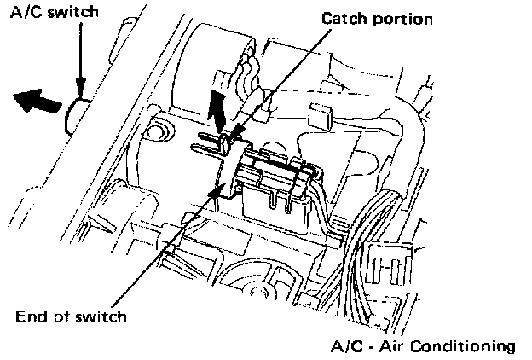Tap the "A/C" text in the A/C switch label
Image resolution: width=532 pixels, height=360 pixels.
coord(20,13)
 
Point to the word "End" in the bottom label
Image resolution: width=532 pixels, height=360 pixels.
coord(32,316)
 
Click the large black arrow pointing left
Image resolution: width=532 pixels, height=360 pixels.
coord(38,102)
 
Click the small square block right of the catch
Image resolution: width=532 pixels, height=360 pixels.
coord(321,118)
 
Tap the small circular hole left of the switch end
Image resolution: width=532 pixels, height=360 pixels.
coord(156,129)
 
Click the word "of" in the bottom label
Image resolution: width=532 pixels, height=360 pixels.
coord(67,316)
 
